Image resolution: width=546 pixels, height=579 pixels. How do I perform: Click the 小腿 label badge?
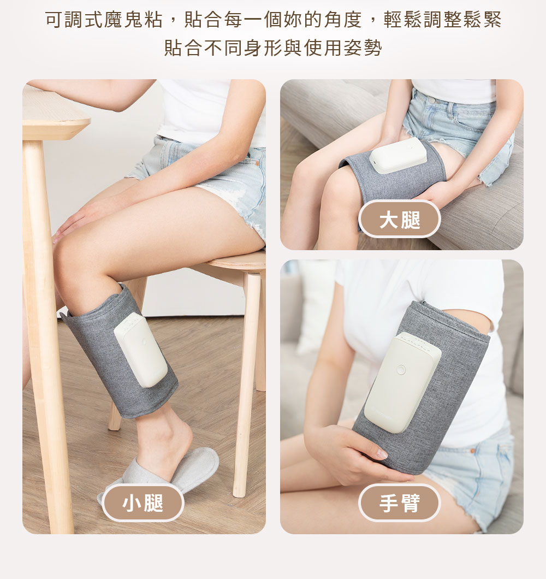pyautogui.click(x=143, y=503)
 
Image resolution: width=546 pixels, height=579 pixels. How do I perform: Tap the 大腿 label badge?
pyautogui.click(x=400, y=220)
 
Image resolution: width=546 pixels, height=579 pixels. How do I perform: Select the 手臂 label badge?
pyautogui.click(x=400, y=503)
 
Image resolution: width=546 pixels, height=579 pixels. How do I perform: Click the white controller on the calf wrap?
pyautogui.click(x=141, y=350)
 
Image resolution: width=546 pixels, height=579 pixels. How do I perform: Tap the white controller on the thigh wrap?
pyautogui.click(x=398, y=156)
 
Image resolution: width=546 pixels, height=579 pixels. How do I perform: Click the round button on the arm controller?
pyautogui.click(x=401, y=370)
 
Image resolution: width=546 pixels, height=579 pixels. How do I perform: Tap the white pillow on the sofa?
pyautogui.click(x=317, y=306)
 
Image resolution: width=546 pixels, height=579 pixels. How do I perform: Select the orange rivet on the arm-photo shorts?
pyautogui.click(x=472, y=451)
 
